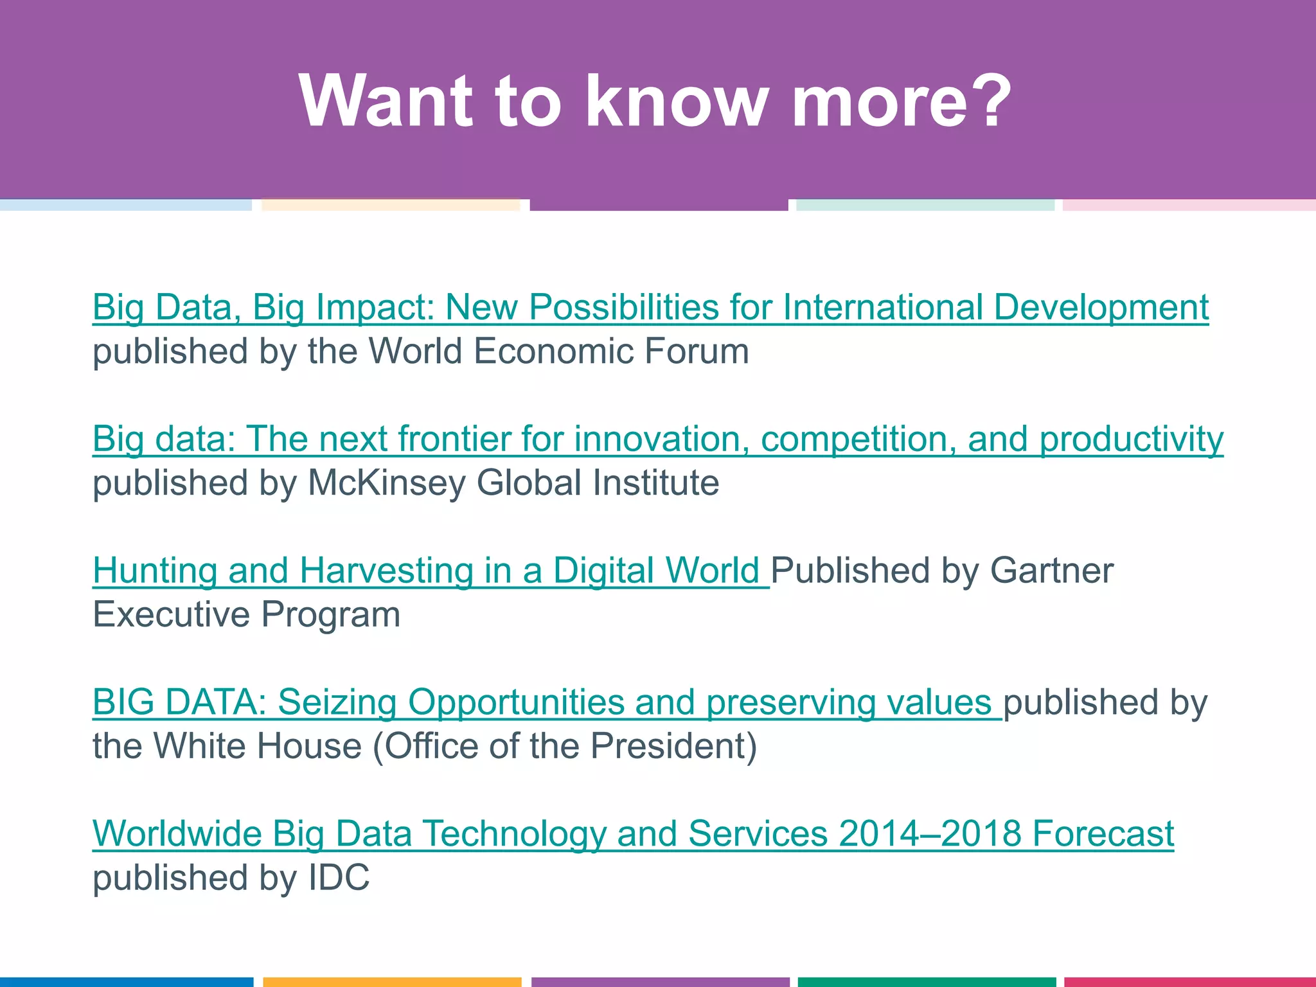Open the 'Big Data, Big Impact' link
650,307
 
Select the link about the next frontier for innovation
657,439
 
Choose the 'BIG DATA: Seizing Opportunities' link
546,702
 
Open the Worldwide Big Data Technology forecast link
633,833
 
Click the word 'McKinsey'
386,483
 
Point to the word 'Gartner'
1051,571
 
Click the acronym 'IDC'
339,878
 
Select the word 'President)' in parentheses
673,746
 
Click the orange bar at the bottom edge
392,982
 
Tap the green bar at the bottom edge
927,982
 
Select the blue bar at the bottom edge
126,982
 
